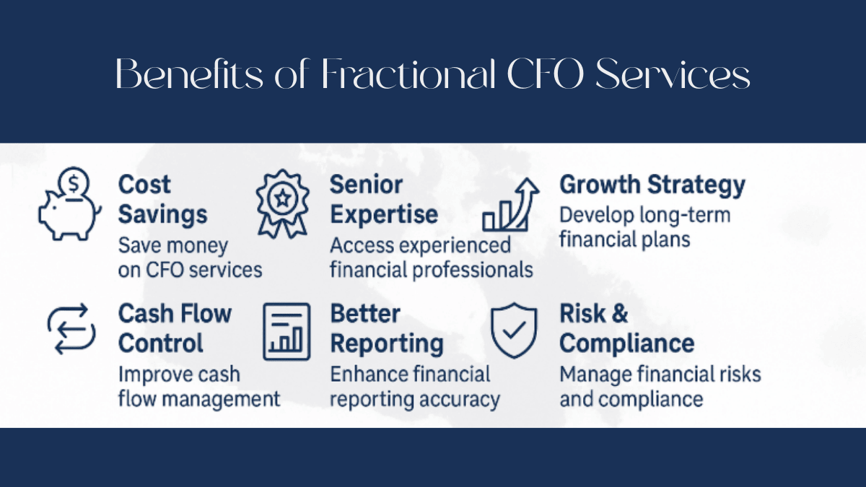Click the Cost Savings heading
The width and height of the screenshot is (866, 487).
[x=162, y=200]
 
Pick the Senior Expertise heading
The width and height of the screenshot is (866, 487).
[x=383, y=200]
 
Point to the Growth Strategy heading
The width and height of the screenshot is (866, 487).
[x=652, y=185]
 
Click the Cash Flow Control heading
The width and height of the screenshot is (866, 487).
[x=174, y=328]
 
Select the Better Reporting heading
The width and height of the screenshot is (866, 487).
[x=386, y=328]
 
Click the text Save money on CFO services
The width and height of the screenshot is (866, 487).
[x=190, y=258]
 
